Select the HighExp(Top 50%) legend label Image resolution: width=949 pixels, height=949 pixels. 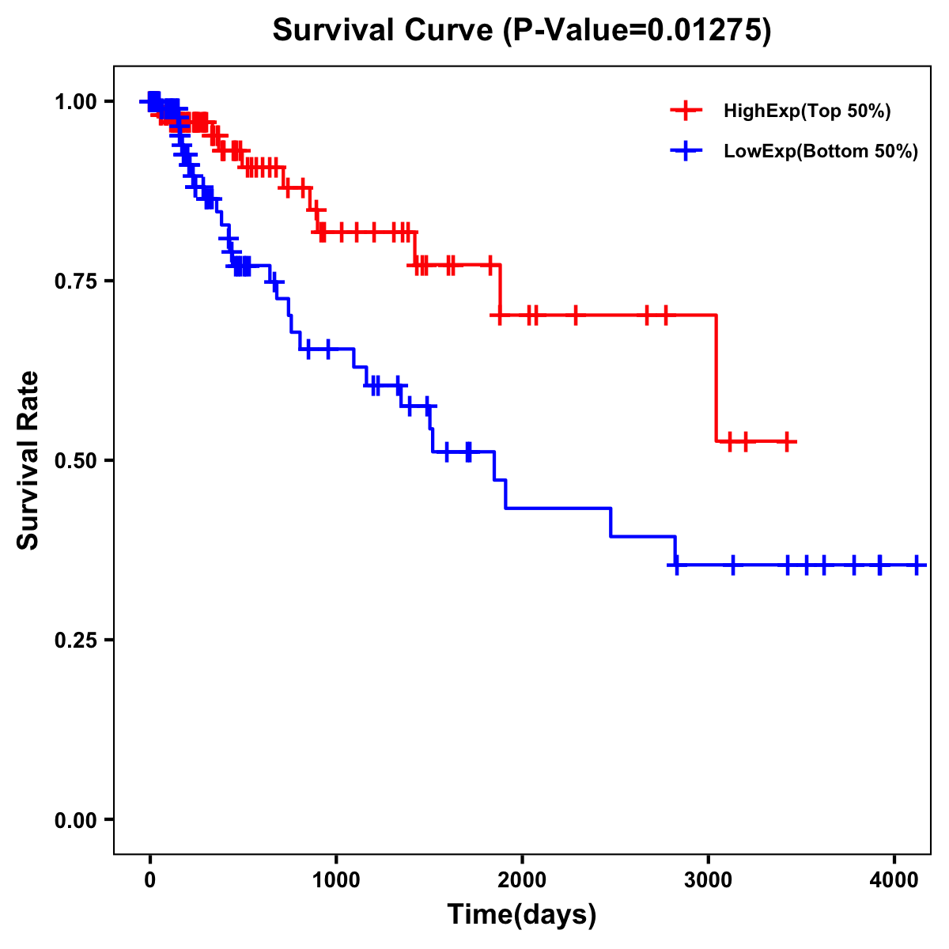(807, 112)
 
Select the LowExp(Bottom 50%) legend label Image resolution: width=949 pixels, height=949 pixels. (821, 152)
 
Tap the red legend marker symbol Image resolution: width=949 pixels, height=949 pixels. (686, 112)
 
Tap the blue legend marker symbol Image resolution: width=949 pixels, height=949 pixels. (686, 152)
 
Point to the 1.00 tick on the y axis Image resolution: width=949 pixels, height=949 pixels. (77, 102)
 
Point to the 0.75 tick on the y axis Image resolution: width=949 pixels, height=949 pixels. (77, 282)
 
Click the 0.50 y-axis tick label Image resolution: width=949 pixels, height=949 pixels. (77, 461)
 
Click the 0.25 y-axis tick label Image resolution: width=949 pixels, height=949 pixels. (77, 641)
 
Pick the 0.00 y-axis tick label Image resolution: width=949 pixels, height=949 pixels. (77, 820)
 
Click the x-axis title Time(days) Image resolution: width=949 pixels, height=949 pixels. (522, 915)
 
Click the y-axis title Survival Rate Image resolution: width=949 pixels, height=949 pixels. (28, 460)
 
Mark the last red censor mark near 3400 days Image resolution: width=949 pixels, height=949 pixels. (788, 441)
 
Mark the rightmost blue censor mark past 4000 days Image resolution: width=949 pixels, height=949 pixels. (916, 565)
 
